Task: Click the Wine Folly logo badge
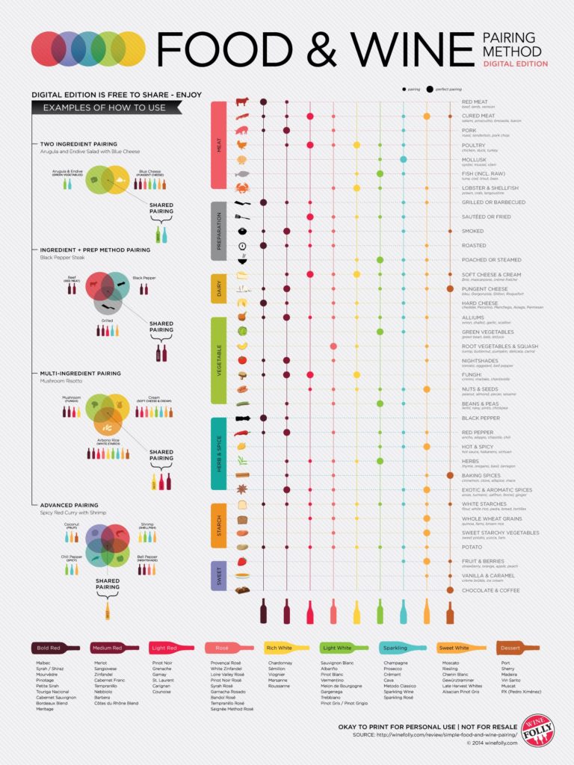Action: click(538, 730)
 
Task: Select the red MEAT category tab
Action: click(219, 146)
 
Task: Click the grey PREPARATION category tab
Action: click(219, 231)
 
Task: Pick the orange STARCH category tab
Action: click(219, 525)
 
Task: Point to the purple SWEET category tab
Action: click(219, 575)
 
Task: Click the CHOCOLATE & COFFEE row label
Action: click(490, 590)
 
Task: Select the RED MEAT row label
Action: click(475, 102)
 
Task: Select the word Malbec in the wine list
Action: click(43, 663)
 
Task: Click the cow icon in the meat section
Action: click(241, 102)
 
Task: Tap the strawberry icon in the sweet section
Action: click(241, 561)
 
